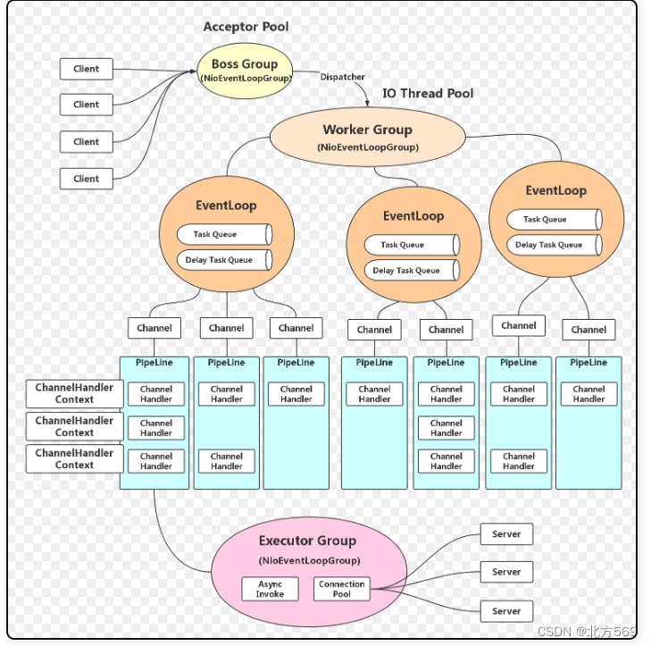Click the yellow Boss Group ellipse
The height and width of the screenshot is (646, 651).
coord(245,70)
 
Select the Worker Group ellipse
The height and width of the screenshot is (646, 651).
coord(367,136)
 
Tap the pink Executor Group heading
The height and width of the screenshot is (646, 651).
coord(307,541)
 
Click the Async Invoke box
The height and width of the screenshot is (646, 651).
coord(270,589)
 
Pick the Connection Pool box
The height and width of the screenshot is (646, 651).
coord(342,589)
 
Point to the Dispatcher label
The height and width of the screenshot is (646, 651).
coord(342,77)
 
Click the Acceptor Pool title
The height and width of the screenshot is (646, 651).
coord(246,27)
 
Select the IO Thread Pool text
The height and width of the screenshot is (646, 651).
coord(428,93)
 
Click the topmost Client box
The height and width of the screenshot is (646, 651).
coord(87,69)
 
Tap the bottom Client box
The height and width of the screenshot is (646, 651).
coord(87,178)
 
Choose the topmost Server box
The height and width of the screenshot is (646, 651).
coord(506,534)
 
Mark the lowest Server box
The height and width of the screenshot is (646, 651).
coord(506,611)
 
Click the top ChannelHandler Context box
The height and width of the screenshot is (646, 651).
coord(75,393)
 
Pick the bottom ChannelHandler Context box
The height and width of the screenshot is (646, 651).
coord(75,458)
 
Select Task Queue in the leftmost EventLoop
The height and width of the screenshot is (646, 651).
coord(223,234)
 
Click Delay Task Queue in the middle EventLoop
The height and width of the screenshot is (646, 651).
coord(411,271)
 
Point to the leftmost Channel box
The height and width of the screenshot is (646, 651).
coord(154,328)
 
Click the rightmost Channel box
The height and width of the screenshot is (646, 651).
coord(588,330)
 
